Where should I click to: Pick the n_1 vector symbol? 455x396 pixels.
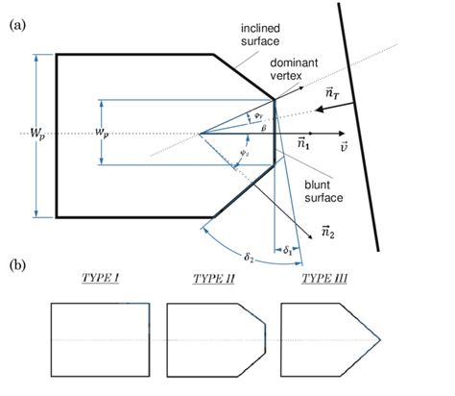303,144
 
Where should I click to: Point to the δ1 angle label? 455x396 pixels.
287,250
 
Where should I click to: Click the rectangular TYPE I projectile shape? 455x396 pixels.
101,340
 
